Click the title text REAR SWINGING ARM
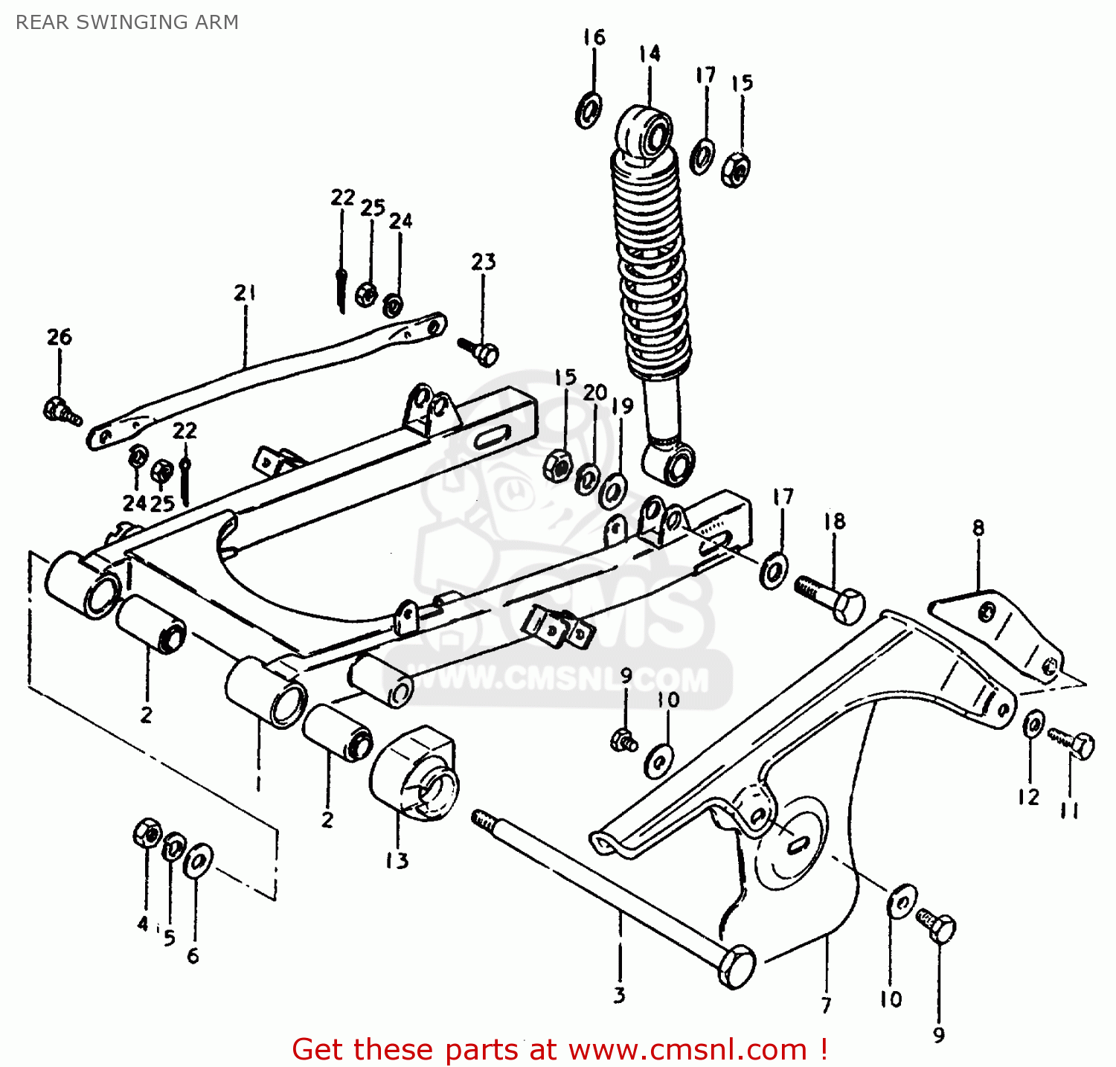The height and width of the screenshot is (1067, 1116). point(127,22)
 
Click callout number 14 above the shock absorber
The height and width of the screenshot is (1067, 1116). point(649,54)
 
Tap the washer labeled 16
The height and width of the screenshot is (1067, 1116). point(589,110)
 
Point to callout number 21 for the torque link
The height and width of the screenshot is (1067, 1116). point(245,293)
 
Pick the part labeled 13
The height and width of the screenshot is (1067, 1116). point(414,774)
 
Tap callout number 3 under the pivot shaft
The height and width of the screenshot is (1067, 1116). point(619,996)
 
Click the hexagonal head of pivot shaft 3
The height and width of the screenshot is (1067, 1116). point(737,967)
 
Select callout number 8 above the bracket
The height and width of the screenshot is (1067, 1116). point(978,528)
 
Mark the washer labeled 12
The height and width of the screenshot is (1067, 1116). point(1033,723)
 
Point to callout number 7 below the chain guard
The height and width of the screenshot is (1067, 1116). point(826,1005)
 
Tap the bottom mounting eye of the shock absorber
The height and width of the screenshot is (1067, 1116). point(673,465)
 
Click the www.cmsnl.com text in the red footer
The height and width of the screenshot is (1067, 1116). point(687,1050)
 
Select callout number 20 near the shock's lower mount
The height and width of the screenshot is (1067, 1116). point(594,392)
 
